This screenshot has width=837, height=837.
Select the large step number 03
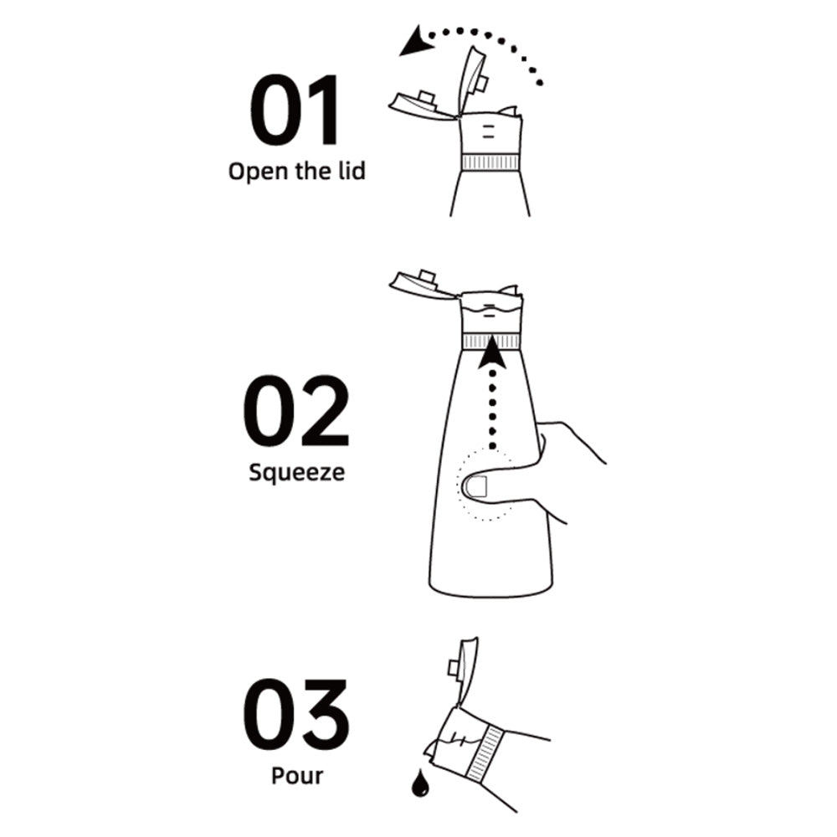pos(296,714)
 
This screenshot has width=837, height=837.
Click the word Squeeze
pos(297,473)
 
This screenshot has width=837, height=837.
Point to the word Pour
pos(297,775)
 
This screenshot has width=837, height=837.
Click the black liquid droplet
pos(420,783)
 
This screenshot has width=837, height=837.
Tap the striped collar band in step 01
pos(490,162)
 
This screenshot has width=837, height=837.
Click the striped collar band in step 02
pos(490,341)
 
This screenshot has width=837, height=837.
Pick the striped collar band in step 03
pos(485,752)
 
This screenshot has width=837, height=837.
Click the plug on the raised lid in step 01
pos(480,83)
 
